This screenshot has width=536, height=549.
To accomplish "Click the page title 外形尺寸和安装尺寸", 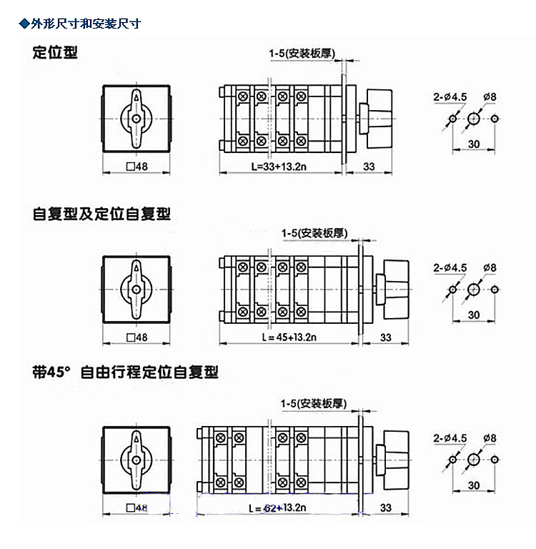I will pos(84,24).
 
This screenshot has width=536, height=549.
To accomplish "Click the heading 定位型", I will pos(55,52).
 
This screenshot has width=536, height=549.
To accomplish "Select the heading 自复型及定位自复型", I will pos(101,214).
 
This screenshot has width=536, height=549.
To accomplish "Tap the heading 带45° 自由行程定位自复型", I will pos(125,372).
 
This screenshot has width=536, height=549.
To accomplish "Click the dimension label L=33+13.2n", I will pos(280,167).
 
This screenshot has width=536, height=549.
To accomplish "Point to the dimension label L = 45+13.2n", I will pos(284,337).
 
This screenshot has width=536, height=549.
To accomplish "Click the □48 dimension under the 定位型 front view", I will pos(137,167).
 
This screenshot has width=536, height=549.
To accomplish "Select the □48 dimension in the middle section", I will pos(137,337).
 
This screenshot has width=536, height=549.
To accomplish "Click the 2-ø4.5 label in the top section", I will pos(450,96).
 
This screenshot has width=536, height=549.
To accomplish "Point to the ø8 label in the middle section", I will pos(490,267).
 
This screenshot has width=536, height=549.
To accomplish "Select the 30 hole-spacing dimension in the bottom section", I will pos(474,485).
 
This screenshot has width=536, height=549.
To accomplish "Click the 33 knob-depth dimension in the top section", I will pos(369,167).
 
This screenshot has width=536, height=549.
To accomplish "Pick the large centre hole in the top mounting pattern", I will pos(474,118).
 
